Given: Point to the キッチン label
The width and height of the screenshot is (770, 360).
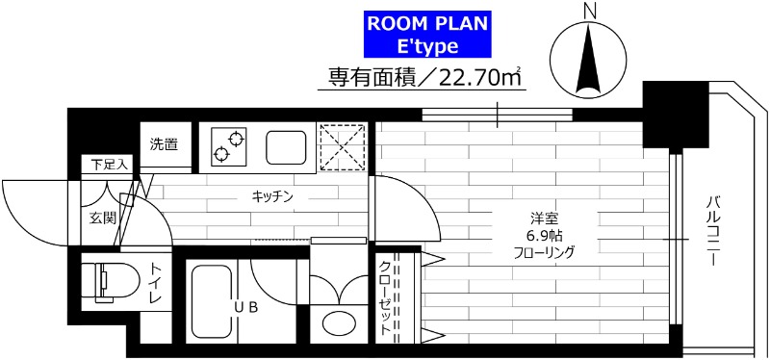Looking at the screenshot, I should click(272, 196).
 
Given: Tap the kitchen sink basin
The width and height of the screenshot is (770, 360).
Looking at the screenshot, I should click(286, 146).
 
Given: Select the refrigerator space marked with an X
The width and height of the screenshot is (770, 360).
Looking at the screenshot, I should click(342, 146).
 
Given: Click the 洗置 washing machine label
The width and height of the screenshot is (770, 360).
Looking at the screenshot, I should click(164, 145).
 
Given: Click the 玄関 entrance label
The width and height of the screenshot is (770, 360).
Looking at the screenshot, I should click(103, 219).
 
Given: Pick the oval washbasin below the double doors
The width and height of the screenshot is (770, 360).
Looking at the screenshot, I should click(339, 321).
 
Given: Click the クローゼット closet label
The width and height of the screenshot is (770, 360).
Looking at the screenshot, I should click(384, 298).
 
